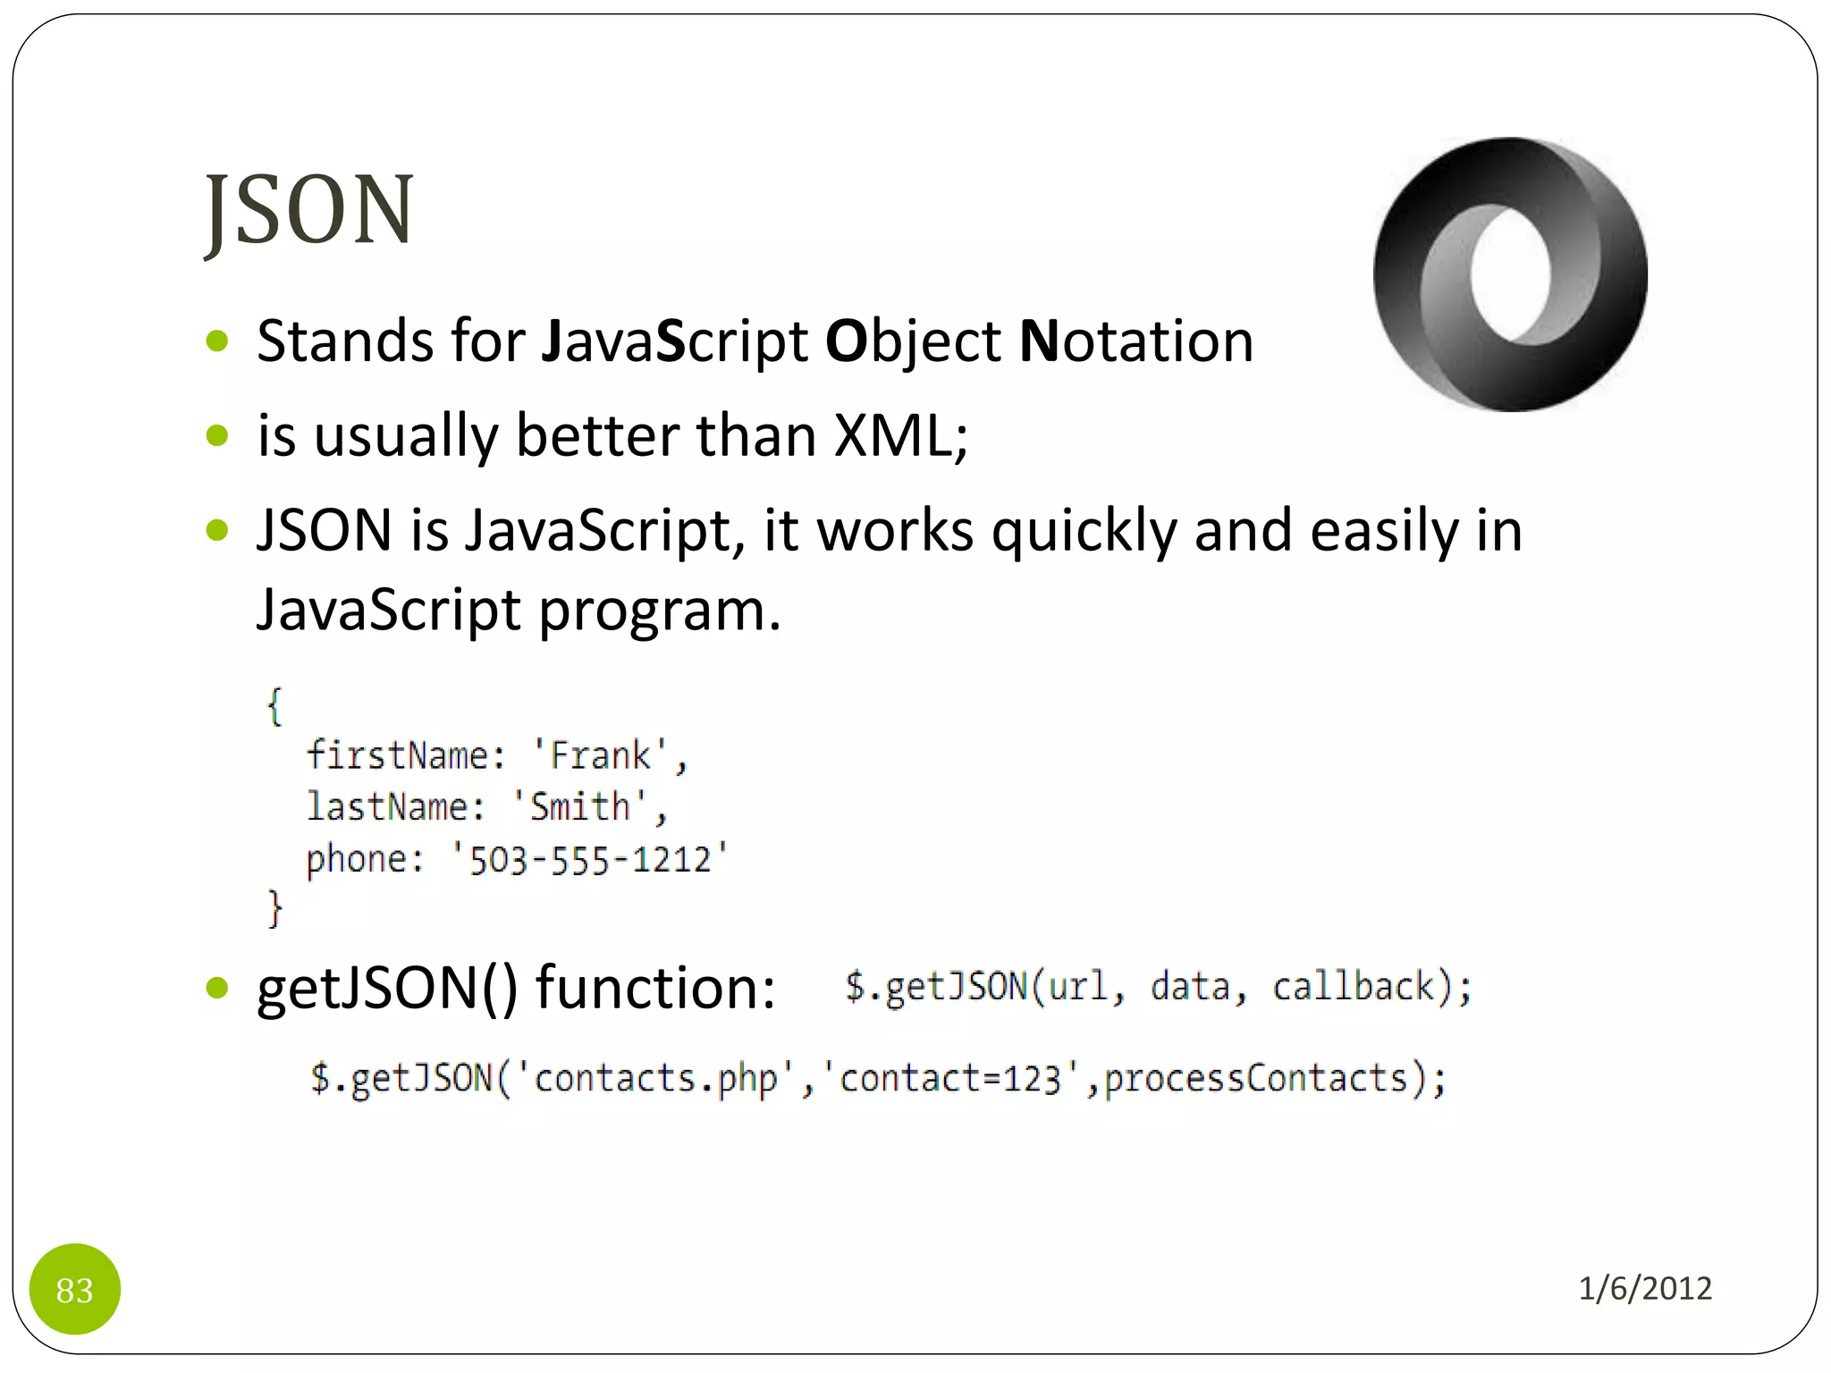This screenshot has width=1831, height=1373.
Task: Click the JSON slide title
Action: (309, 210)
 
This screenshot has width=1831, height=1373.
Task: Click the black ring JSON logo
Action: (1510, 274)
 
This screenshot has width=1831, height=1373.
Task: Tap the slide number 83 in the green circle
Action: (75, 1289)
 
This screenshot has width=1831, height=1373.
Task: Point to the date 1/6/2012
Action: (1644, 1288)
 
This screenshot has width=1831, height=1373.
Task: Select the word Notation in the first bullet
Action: (1136, 341)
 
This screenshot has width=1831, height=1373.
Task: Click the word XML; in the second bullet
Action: (900, 436)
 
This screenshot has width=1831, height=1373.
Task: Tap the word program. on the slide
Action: (660, 611)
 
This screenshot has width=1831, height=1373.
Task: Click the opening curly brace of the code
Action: (274, 706)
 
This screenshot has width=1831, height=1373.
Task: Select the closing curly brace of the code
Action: (274, 909)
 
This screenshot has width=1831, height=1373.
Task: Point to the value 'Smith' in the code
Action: (580, 807)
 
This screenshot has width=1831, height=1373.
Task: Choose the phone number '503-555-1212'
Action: (590, 859)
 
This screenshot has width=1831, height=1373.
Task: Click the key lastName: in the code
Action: (396, 807)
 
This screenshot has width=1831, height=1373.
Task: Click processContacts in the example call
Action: (1256, 1078)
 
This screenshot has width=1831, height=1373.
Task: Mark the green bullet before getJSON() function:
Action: (217, 988)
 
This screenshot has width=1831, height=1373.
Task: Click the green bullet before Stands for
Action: (217, 341)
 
